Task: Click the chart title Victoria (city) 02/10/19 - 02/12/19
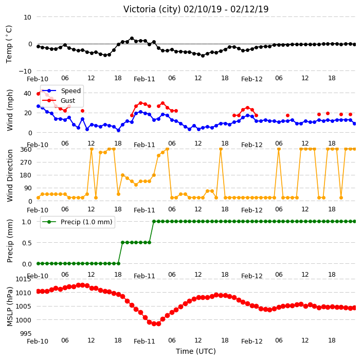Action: pyautogui.click(x=196, y=9)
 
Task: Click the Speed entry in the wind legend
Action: pyautogui.click(x=70, y=91)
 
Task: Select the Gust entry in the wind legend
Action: pyautogui.click(x=68, y=101)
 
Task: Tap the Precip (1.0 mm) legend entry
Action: pyautogui.click(x=86, y=222)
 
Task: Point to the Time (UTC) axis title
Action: pyautogui.click(x=196, y=351)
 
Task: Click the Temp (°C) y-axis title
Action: pyautogui.click(x=9, y=44)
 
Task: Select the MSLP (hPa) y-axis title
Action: pyautogui.click(x=9, y=307)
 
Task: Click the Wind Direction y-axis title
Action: pyautogui.click(x=10, y=175)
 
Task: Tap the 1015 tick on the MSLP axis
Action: pyautogui.click(x=23, y=279)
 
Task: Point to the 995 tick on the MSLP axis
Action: pyautogui.click(x=25, y=334)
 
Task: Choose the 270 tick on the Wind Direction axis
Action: pyautogui.click(x=26, y=163)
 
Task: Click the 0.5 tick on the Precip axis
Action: pyautogui.click(x=27, y=243)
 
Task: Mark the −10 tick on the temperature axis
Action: pyautogui.click(x=25, y=71)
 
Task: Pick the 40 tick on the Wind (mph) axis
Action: pyautogui.click(x=27, y=93)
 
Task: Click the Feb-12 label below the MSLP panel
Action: pyautogui.click(x=252, y=341)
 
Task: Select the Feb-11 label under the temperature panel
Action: pyautogui.click(x=144, y=79)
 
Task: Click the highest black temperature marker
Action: pyautogui.click(x=132, y=39)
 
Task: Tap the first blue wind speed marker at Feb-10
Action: pyautogui.click(x=39, y=106)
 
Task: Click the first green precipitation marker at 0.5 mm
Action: pyautogui.click(x=122, y=242)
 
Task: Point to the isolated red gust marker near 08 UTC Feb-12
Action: pyautogui.click(x=287, y=116)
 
